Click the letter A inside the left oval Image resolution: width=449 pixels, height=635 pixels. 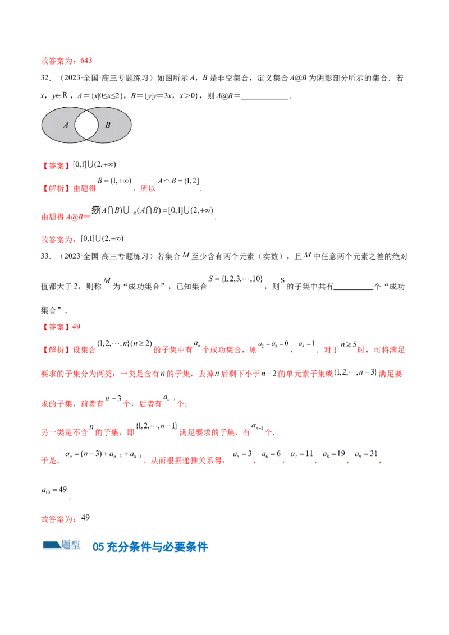(x=65, y=125)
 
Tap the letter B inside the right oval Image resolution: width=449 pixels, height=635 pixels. (x=108, y=125)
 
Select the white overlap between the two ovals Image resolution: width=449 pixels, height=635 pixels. (x=86, y=125)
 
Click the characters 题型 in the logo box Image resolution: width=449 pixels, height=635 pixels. (x=71, y=544)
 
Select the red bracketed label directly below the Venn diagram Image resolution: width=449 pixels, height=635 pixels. (x=58, y=166)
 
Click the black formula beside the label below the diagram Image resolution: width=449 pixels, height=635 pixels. (x=94, y=164)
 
